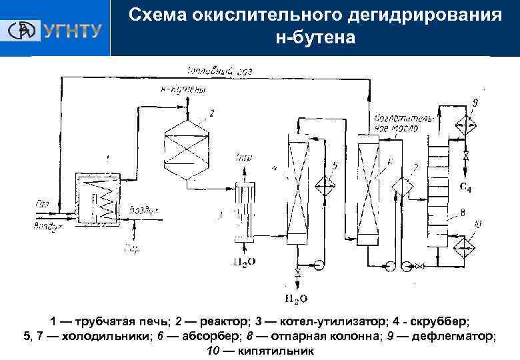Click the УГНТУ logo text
(72, 31)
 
